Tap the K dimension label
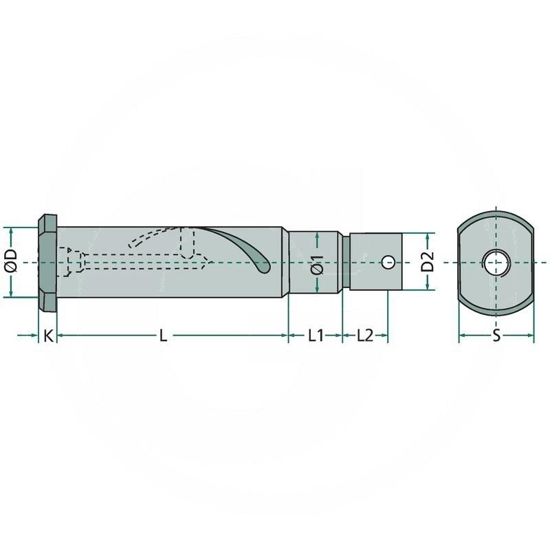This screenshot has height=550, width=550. click(47, 335)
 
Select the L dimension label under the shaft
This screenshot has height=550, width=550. click(163, 335)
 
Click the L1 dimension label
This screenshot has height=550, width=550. click(315, 335)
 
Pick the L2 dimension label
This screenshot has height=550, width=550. click(364, 335)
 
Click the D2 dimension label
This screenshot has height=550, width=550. click(428, 261)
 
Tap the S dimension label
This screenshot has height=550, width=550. click(496, 335)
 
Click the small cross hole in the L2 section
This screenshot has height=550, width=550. click(388, 262)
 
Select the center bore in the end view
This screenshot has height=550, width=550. click(495, 262)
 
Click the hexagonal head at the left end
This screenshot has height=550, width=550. click(47, 262)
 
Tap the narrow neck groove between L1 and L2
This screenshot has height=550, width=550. click(346, 262)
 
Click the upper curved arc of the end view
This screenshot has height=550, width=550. click(495, 217)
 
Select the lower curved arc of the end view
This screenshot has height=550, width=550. click(495, 307)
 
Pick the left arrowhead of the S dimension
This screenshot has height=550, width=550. click(463, 335)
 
